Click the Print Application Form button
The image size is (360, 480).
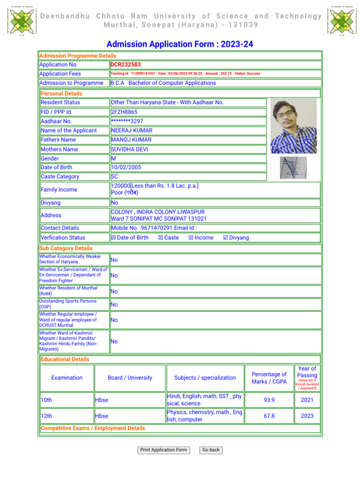click(x=164, y=450)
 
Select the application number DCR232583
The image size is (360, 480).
click(x=126, y=65)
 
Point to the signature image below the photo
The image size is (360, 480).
click(x=293, y=167)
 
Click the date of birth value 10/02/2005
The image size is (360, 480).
click(x=126, y=167)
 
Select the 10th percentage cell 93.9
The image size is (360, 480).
click(x=269, y=400)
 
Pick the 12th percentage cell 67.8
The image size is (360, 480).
click(x=269, y=416)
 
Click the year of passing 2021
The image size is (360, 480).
click(x=307, y=400)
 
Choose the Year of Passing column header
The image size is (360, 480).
click(x=307, y=372)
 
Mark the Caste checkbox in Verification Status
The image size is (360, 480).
click(x=161, y=238)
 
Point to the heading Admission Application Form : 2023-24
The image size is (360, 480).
click(x=180, y=45)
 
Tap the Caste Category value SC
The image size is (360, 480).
click(x=115, y=177)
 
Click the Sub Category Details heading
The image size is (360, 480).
click(x=66, y=248)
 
